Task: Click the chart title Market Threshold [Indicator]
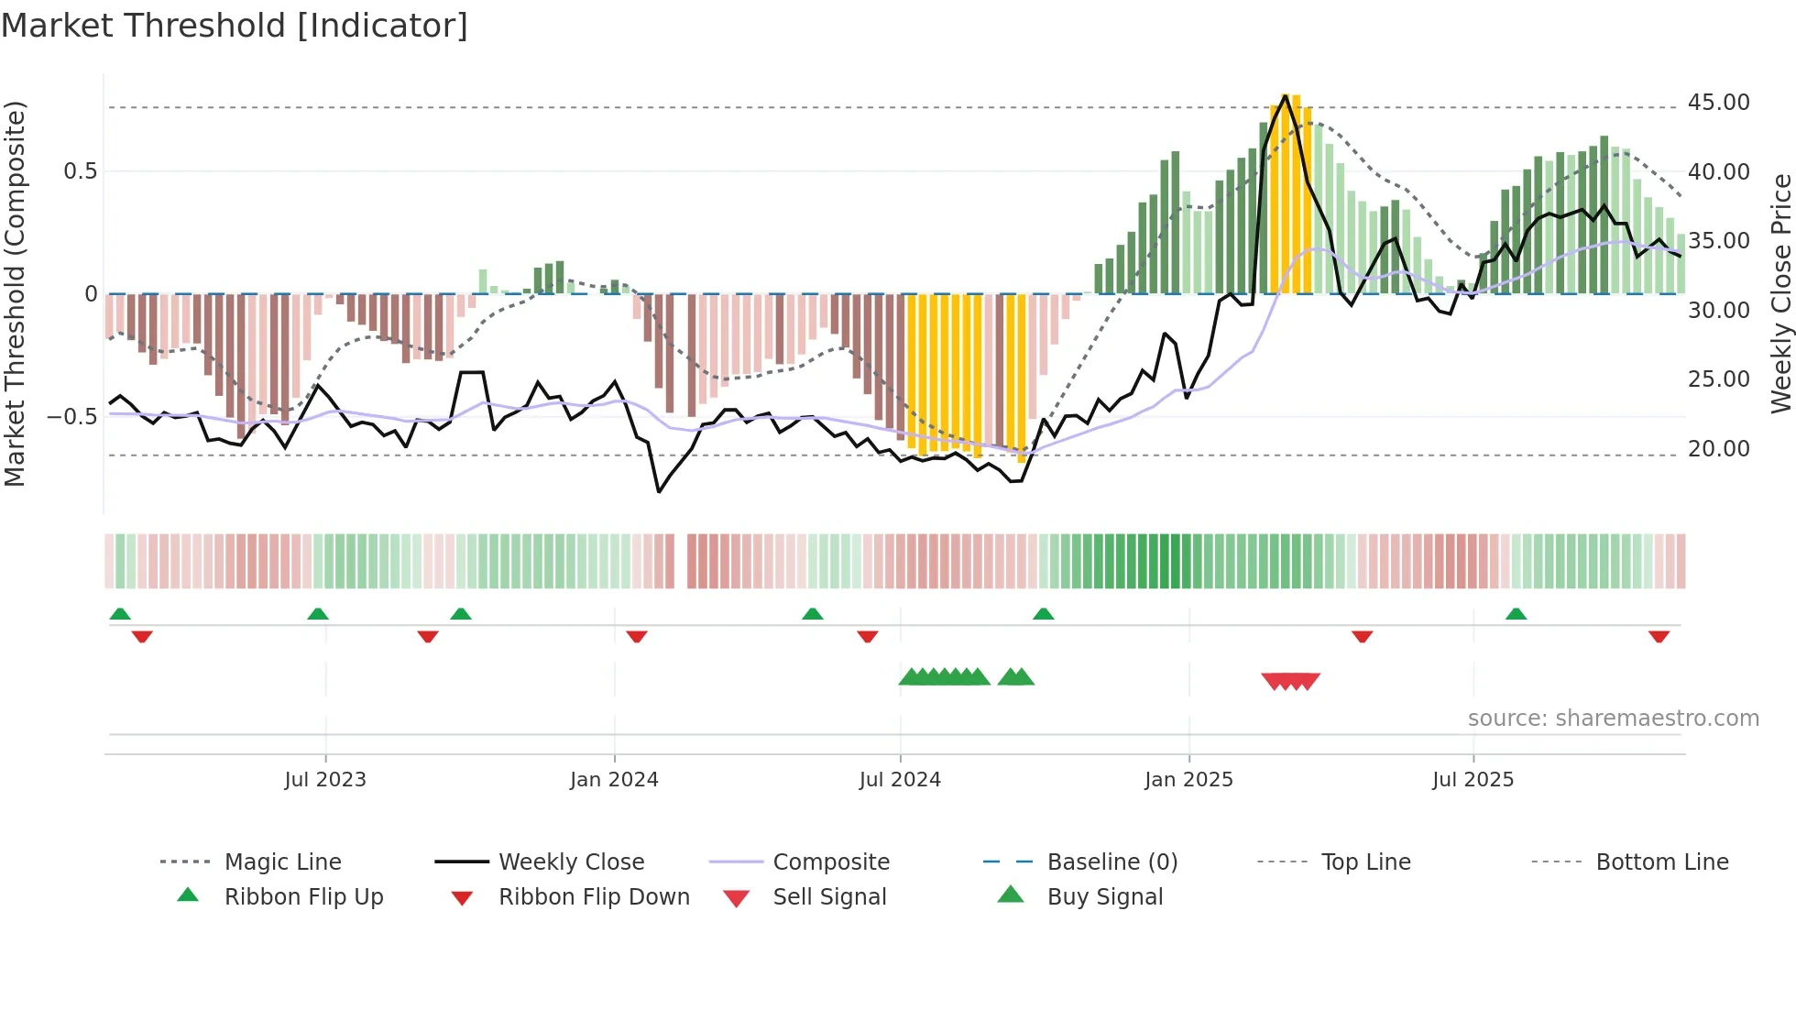pyautogui.click(x=235, y=26)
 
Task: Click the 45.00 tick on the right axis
pyautogui.click(x=1718, y=103)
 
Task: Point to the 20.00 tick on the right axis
pyautogui.click(x=1718, y=449)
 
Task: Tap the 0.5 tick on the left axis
pyautogui.click(x=80, y=171)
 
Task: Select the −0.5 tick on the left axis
pyautogui.click(x=72, y=417)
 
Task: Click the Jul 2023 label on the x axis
pyautogui.click(x=324, y=780)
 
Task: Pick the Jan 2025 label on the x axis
pyautogui.click(x=1188, y=780)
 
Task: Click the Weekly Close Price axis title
pyautogui.click(x=1780, y=293)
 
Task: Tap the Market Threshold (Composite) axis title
pyautogui.click(x=15, y=293)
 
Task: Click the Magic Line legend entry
pyautogui.click(x=282, y=862)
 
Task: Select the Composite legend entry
pyautogui.click(x=830, y=862)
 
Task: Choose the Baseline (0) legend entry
pyautogui.click(x=1112, y=862)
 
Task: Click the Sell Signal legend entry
pyautogui.click(x=829, y=897)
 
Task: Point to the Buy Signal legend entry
pyautogui.click(x=1104, y=897)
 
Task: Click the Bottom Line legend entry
pyautogui.click(x=1661, y=862)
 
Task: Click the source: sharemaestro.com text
pyautogui.click(x=1613, y=719)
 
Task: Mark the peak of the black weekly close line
pyautogui.click(x=1286, y=95)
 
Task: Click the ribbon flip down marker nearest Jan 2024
pyautogui.click(x=637, y=636)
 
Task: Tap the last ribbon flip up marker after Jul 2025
pyautogui.click(x=1516, y=614)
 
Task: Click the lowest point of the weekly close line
pyautogui.click(x=659, y=492)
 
